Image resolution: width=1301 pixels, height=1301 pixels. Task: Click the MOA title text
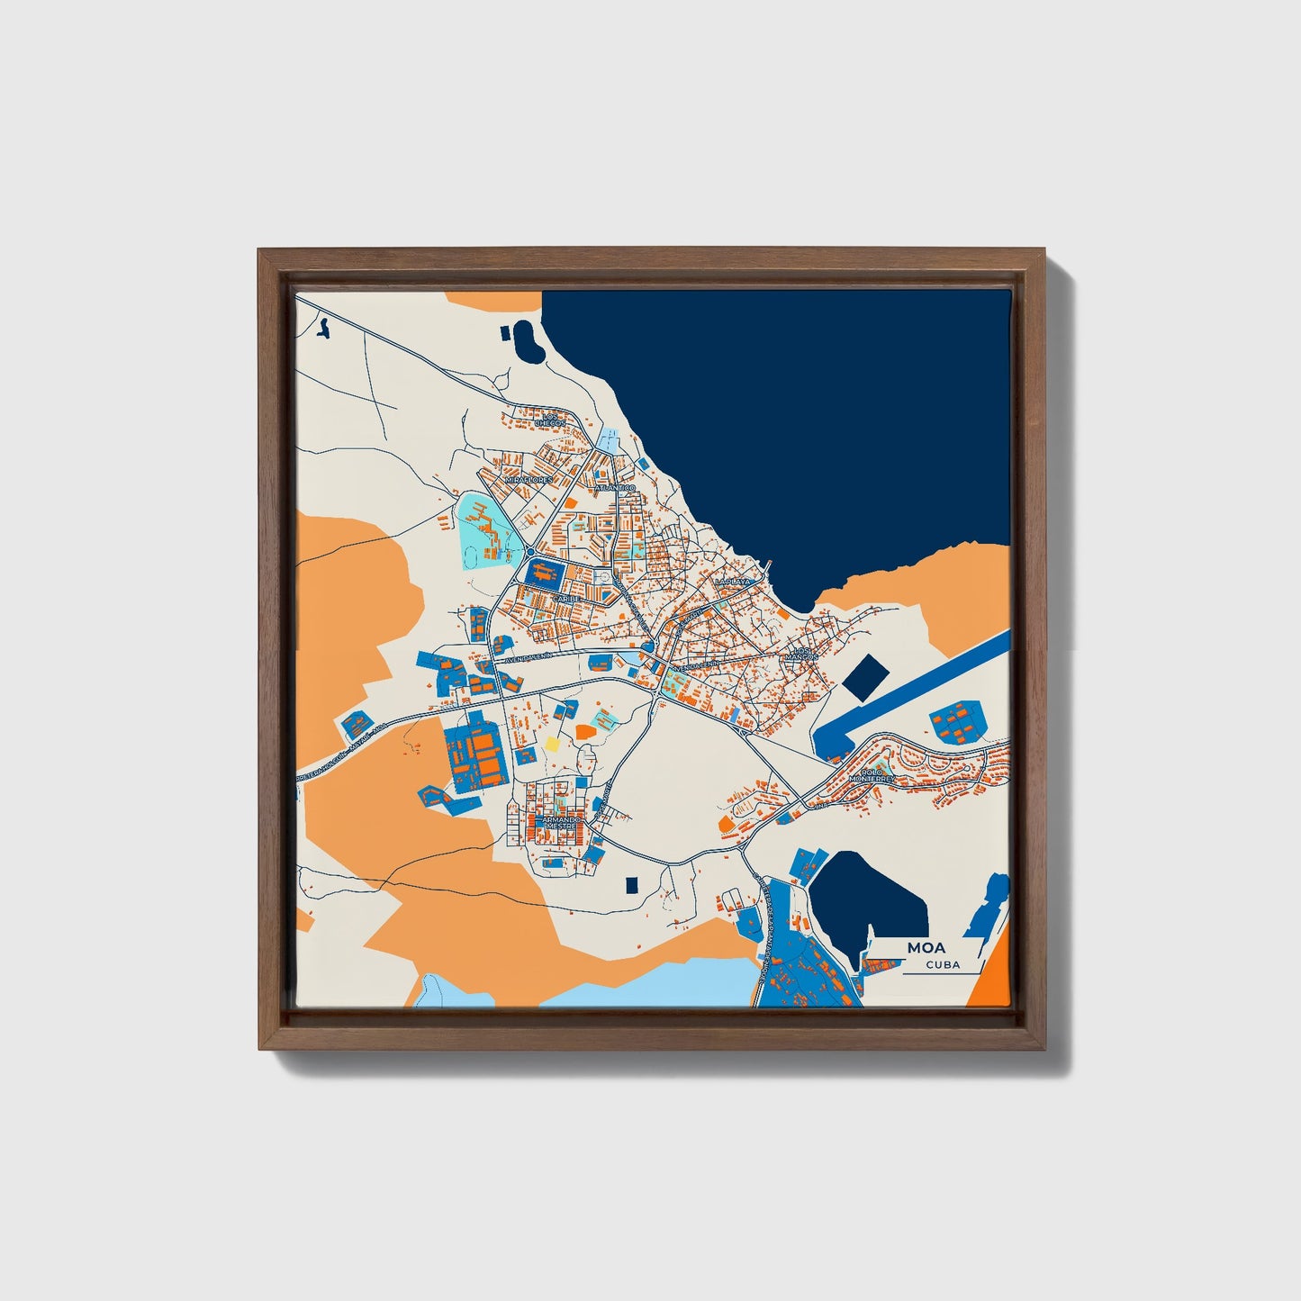[926, 947]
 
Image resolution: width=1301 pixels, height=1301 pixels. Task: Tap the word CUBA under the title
[943, 965]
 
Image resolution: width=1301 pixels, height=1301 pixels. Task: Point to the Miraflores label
[528, 481]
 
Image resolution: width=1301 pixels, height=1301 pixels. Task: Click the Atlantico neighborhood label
[616, 488]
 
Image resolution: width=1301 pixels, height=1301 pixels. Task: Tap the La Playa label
[731, 583]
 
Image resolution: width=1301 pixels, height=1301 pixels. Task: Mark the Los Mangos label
[800, 654]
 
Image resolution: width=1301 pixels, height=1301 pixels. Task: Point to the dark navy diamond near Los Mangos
[864, 677]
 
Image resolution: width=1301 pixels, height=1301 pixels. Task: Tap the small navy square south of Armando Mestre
[631, 885]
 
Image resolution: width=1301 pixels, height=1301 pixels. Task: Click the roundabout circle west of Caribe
[531, 552]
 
